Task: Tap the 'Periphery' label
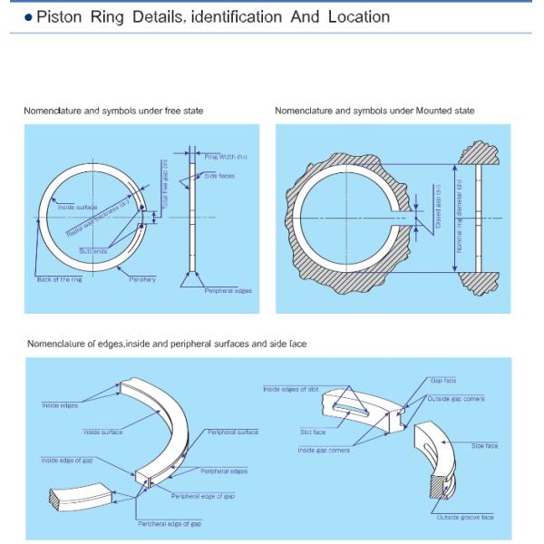(x=142, y=279)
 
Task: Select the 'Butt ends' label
(x=93, y=250)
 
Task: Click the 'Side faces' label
(x=219, y=175)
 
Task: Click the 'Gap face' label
(x=443, y=381)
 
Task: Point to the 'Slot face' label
(x=313, y=432)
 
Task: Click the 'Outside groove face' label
(x=465, y=517)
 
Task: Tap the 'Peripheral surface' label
(x=232, y=432)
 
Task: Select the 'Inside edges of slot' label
(x=291, y=389)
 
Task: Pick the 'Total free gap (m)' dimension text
(x=166, y=187)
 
